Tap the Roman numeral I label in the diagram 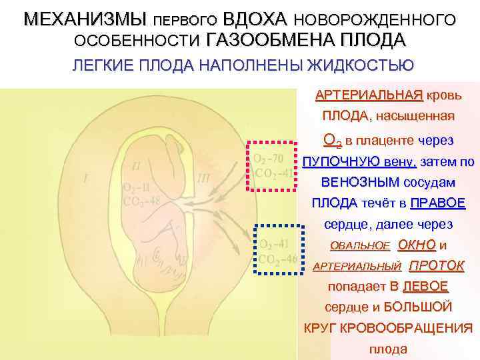85,178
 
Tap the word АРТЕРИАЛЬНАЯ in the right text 369,94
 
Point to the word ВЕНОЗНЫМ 352,183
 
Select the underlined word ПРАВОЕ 438,203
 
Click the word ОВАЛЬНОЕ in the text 350,245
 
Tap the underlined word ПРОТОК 436,265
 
